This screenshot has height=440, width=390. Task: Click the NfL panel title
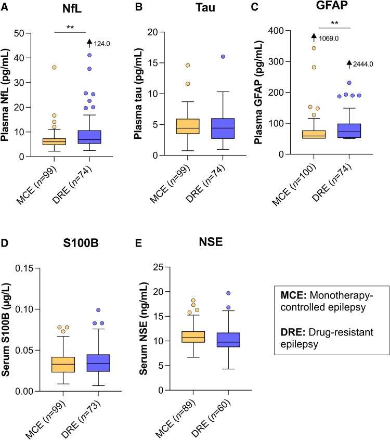pos(72,8)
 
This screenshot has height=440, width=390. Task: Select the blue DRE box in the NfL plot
pos(89,137)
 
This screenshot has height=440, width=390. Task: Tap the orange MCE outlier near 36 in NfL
pos(54,67)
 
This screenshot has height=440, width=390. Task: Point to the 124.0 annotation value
pos(102,44)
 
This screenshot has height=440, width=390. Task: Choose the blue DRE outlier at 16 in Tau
pos(223,57)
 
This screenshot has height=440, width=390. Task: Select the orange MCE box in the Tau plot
pos(188,126)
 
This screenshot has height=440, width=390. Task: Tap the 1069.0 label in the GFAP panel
pos(329,38)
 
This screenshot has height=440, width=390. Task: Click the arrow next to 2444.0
pos(349,64)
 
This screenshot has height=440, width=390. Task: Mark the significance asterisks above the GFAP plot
pos(334,23)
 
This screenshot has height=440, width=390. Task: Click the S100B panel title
pos(81,243)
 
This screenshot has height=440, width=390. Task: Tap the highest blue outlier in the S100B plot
pos(98,310)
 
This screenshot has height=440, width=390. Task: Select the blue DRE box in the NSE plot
pos(228,340)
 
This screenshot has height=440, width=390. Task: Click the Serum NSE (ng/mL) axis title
pos(144,329)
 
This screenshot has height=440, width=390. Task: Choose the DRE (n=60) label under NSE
pos(211,419)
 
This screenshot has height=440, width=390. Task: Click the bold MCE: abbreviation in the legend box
pos(294,295)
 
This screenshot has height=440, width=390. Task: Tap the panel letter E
pos(138,243)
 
